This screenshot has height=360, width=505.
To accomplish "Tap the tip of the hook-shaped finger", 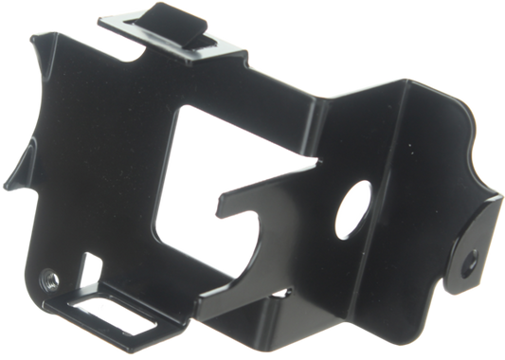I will pyautogui.click(x=221, y=200).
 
